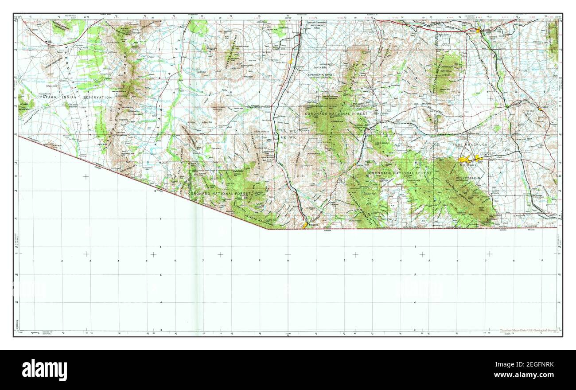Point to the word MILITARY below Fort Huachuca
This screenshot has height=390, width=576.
pos(468,165)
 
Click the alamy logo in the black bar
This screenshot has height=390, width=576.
pos(44,370)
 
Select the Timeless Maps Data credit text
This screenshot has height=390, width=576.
pos(527,331)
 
